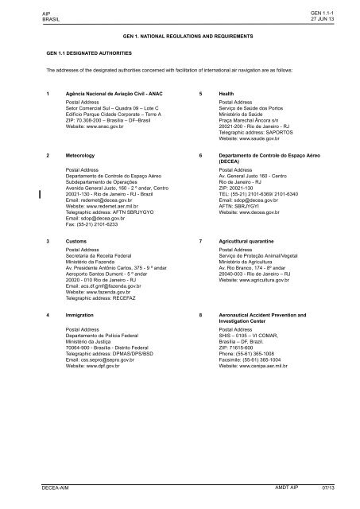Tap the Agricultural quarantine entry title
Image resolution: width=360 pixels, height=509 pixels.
click(252, 239)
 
